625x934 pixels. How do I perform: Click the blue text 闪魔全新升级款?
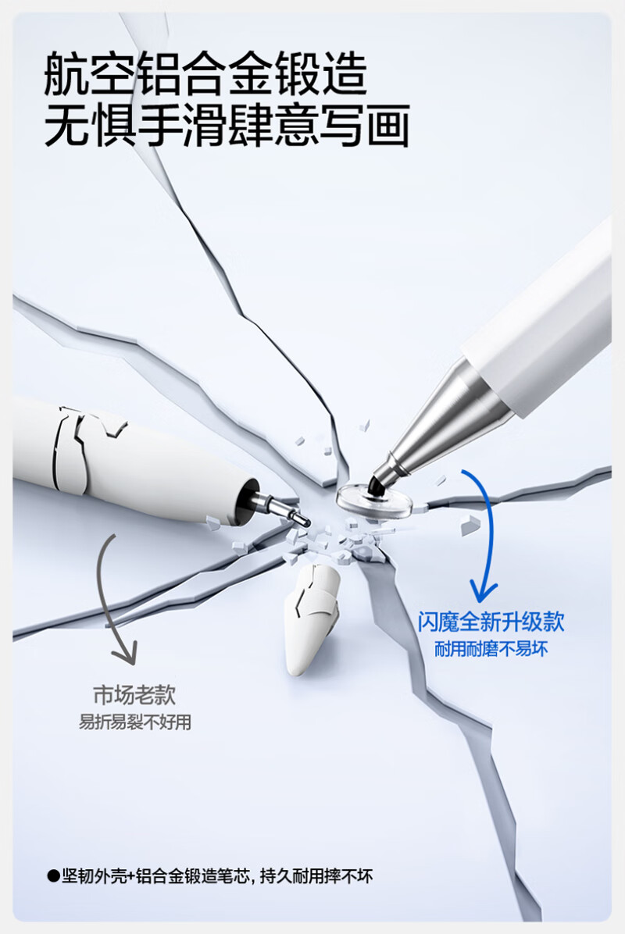[491, 622]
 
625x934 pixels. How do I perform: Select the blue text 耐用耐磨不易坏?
[491, 649]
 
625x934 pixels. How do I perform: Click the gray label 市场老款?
[134, 694]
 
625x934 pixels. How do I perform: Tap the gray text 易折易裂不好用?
[135, 722]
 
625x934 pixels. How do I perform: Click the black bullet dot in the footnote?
[54, 876]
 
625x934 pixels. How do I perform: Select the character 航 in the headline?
[66, 74]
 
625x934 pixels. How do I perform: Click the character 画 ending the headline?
[387, 126]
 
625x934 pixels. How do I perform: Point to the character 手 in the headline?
[159, 126]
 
